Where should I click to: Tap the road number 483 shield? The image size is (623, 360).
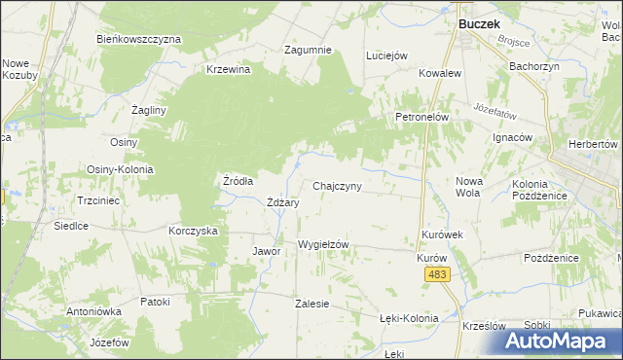point(437,276)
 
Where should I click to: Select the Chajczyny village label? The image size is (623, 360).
point(338,186)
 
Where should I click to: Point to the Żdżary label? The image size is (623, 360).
point(282,202)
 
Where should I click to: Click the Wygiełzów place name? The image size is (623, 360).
point(323,244)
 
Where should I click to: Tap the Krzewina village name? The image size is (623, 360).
point(229,69)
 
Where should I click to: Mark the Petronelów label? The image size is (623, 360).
point(421,117)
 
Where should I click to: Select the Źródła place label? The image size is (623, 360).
point(238,181)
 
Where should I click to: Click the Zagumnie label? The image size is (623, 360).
point(308,50)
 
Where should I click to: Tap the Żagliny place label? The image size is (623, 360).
point(150,110)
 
